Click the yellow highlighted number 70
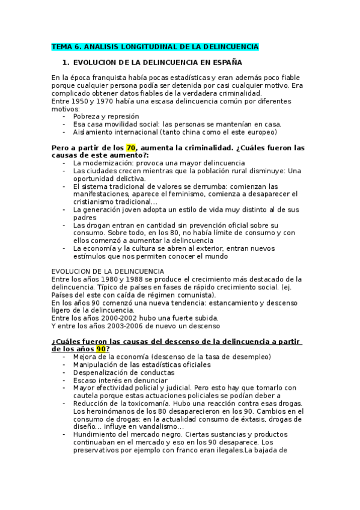pos(131,147)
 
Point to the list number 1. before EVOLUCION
pos(66,62)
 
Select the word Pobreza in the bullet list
pos(87,116)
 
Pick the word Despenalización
pos(103,372)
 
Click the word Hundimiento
pos(97,434)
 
